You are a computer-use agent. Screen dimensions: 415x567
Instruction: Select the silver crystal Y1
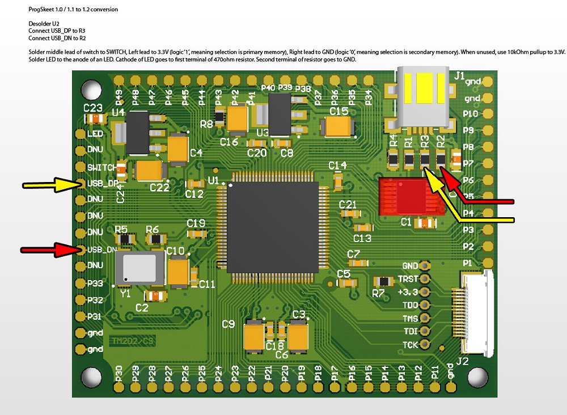click(139, 268)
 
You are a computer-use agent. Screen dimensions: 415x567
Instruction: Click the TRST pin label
click(408, 279)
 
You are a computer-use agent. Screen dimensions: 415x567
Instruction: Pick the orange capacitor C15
click(338, 126)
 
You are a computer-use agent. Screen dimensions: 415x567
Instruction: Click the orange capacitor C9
click(252, 337)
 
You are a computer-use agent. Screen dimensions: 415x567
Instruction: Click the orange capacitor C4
click(178, 149)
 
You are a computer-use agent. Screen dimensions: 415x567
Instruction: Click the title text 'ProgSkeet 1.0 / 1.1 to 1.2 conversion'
click(73, 10)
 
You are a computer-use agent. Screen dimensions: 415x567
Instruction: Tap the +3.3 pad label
click(408, 292)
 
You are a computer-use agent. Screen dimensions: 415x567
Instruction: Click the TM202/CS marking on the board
click(132, 341)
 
